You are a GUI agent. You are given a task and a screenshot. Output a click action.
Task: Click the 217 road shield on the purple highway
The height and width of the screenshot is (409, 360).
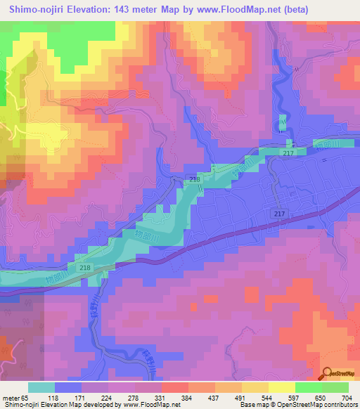point(279,212)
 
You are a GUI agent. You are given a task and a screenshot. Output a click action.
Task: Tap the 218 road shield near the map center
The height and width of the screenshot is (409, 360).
point(195,181)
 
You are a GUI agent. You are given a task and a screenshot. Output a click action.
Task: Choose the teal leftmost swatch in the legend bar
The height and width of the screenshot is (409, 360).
point(41,387)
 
